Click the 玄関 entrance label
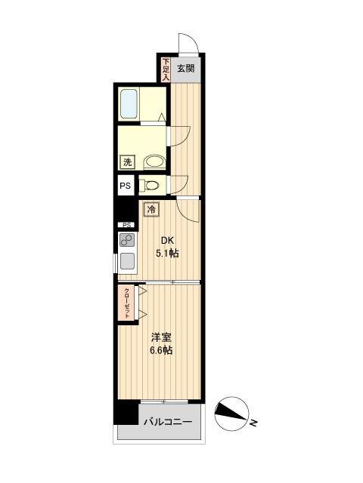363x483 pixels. (186, 68)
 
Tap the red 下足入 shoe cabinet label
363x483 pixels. (166, 69)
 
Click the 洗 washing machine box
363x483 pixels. (127, 162)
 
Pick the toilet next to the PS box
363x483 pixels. (150, 185)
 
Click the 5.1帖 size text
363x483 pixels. (167, 254)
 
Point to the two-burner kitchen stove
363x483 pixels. (126, 241)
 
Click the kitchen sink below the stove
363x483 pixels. (127, 262)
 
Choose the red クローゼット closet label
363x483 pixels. (127, 302)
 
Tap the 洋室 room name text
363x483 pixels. (159, 337)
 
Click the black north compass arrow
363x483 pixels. (231, 412)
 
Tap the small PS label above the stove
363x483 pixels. (126, 225)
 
